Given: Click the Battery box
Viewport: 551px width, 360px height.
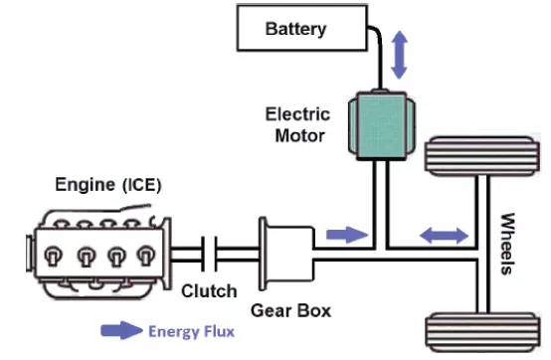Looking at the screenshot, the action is (302, 28).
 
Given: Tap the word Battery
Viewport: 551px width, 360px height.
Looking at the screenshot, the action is (295, 29).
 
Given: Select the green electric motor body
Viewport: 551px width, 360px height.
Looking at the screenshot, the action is (382, 125).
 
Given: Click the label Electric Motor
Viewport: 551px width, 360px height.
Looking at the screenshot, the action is (298, 125).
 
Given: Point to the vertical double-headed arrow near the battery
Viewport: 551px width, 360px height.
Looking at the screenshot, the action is (399, 55).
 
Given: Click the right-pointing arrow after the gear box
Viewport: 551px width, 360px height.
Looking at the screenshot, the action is (347, 235).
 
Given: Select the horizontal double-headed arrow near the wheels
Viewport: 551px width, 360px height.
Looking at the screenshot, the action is (445, 235).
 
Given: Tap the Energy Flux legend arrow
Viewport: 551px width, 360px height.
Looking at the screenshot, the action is (121, 330).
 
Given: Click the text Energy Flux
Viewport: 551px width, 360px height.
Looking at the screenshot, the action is (192, 331).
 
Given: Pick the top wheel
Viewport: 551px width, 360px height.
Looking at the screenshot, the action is (482, 156).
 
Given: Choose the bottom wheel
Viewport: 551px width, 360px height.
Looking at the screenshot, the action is (482, 332).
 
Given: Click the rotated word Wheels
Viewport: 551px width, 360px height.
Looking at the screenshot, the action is (507, 244).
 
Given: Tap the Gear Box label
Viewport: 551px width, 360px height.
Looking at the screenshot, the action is (291, 311).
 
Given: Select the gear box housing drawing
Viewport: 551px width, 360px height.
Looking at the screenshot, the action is (286, 254).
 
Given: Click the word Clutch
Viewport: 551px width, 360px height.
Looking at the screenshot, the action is (209, 291).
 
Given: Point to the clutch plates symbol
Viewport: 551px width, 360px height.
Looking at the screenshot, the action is (209, 254).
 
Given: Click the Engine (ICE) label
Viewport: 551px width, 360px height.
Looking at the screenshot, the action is (108, 185).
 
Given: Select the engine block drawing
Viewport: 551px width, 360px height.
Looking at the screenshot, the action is (98, 252).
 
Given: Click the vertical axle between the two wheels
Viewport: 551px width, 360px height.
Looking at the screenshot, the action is (482, 245).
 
